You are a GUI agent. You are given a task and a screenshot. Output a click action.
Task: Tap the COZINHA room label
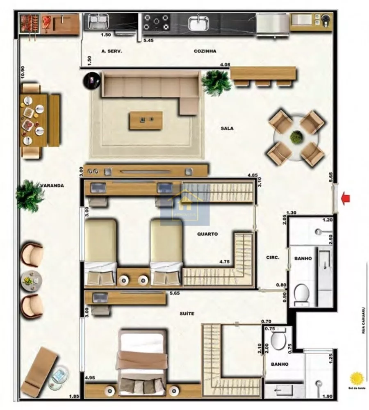pyautogui.click(x=205, y=51)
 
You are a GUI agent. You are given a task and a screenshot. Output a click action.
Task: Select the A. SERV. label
pyautogui.click(x=112, y=51)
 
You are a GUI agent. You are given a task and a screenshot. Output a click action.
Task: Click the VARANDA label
pyautogui.click(x=52, y=185)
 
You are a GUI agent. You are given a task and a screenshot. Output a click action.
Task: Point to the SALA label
pyautogui.click(x=227, y=128)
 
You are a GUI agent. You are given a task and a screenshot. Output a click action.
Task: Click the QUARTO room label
pyautogui.click(x=207, y=234)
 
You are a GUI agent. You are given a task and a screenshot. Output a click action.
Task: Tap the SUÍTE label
pyautogui.click(x=187, y=314)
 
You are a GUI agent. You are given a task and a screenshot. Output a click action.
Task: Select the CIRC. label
pyautogui.click(x=273, y=257)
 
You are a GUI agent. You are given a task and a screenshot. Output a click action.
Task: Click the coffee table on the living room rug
pyautogui.click(x=146, y=120)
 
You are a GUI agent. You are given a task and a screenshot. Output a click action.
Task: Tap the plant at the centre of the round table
pyautogui.click(x=296, y=137)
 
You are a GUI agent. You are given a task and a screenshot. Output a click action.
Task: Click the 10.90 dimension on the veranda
pyautogui.click(x=23, y=73)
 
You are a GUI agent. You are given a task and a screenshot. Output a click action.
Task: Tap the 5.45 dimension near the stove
pyautogui.click(x=148, y=40)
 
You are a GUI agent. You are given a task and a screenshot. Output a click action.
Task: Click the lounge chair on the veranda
pyautogui.click(x=39, y=371)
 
